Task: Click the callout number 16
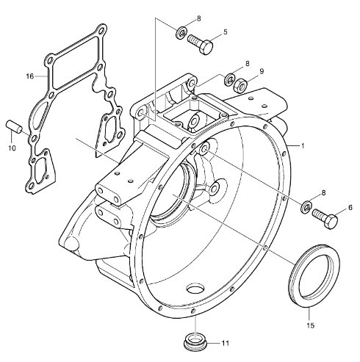30,76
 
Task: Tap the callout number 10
12,148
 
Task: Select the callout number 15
310,325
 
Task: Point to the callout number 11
225,343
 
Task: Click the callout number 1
303,146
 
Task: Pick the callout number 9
262,71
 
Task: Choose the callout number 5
226,32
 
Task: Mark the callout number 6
350,208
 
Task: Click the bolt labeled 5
201,44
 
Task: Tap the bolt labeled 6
325,218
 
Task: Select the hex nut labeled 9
240,85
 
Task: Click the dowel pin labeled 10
14,126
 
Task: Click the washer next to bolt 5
181,33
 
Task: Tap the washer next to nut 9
229,79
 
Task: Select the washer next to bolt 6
306,206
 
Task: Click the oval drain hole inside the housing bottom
195,288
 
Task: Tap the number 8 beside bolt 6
323,193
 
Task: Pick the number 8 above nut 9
247,64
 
